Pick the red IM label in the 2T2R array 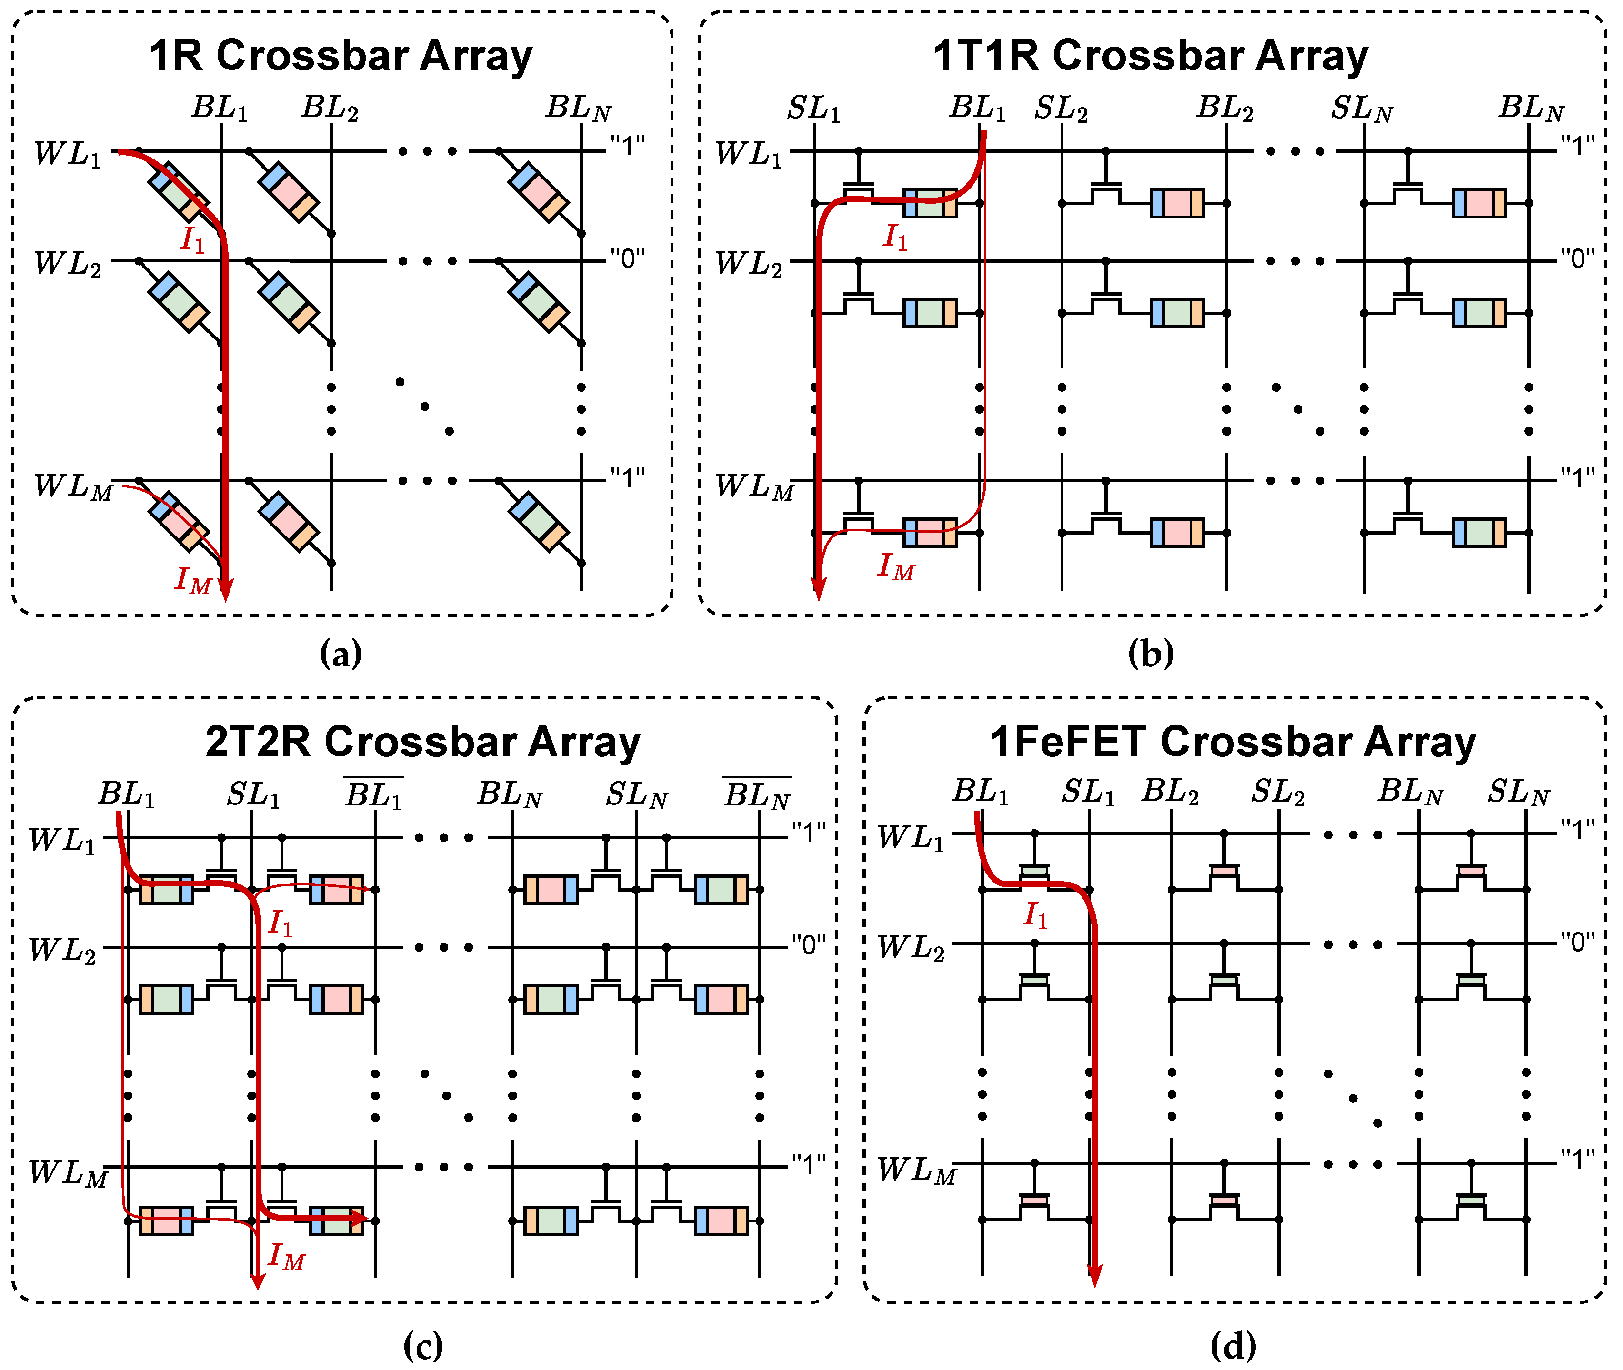click(286, 1256)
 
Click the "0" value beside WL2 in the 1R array click(627, 258)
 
